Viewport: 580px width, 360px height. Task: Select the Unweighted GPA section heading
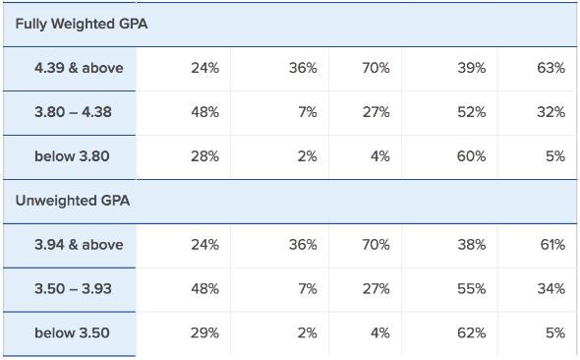[73, 201]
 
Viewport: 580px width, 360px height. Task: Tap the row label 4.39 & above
[79, 68]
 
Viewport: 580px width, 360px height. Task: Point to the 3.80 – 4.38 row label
[73, 112]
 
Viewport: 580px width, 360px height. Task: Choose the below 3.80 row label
[72, 155]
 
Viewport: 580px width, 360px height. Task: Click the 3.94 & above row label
[79, 245]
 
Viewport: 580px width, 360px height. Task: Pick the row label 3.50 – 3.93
[73, 289]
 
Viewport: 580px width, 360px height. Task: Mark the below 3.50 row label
[72, 333]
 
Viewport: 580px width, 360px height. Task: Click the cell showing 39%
[471, 68]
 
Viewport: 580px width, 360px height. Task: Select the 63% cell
[551, 68]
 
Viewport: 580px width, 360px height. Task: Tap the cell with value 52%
[471, 112]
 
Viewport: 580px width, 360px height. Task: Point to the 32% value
[551, 112]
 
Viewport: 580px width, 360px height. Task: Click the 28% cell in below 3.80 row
[204, 155]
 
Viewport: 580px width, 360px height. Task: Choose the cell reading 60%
[471, 155]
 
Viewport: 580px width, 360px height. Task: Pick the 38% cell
[471, 245]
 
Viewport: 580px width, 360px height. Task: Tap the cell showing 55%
[471, 289]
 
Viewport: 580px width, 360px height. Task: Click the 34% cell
[551, 289]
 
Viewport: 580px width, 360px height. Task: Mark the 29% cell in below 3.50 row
[204, 333]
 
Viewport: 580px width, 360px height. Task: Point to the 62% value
[471, 333]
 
